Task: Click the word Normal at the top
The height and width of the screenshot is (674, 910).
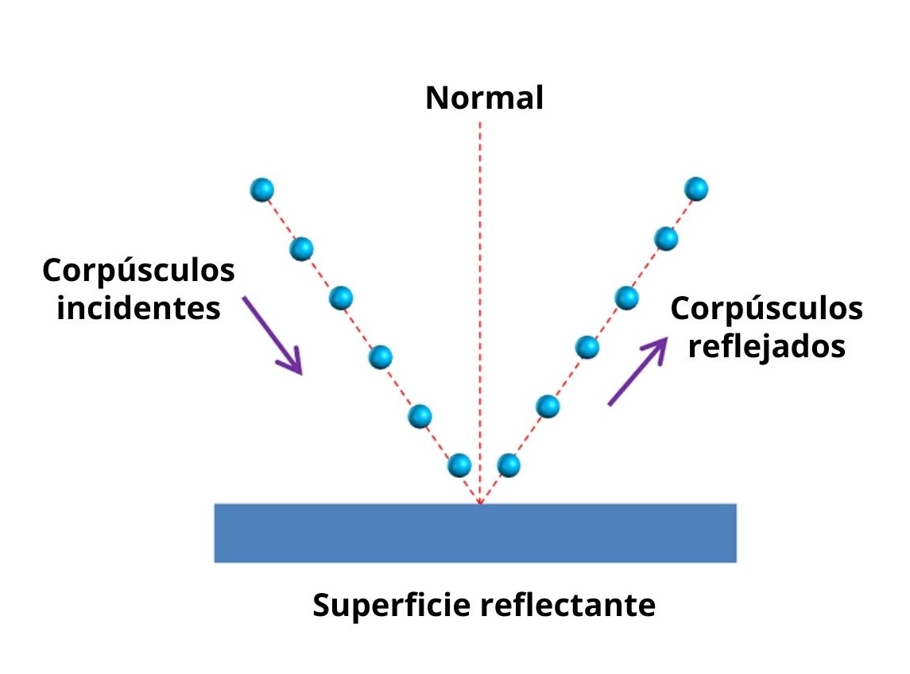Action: point(484,98)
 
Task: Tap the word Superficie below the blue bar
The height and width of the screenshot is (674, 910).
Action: point(387,606)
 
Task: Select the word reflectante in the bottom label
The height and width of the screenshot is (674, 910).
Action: point(568,606)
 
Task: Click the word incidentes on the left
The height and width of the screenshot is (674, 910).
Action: point(138,307)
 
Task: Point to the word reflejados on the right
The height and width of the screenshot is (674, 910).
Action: point(766,347)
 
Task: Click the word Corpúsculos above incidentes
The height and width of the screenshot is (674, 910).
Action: point(138,270)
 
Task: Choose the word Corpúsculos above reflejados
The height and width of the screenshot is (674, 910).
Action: point(766,308)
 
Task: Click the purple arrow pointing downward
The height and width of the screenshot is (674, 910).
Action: point(273,335)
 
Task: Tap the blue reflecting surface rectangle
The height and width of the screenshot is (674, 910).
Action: point(474,533)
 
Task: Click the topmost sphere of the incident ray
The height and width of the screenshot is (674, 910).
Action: point(261,190)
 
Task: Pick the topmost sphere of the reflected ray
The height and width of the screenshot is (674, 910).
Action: point(695,189)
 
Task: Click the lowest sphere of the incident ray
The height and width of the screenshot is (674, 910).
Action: point(459,464)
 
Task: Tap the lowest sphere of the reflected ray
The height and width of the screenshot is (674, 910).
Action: point(508,464)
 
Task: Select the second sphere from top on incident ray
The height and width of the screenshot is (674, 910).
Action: point(301,249)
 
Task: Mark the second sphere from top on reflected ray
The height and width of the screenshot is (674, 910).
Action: point(666,237)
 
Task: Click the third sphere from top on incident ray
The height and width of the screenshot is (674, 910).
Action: point(340,298)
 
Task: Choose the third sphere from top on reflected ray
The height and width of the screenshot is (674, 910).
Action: point(627,297)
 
